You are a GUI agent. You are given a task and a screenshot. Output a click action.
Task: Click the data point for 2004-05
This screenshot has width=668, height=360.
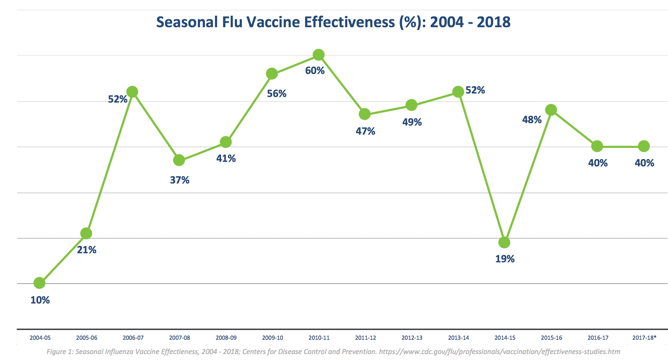(x=39, y=283)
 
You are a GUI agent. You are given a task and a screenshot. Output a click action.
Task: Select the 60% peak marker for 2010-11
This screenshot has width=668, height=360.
(x=318, y=55)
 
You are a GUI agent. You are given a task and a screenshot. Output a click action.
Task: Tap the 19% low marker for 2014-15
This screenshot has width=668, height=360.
(x=504, y=242)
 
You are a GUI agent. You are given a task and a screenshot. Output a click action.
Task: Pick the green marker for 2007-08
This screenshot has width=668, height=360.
(x=179, y=160)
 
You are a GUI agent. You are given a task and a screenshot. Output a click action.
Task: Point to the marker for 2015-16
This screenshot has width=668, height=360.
(x=551, y=110)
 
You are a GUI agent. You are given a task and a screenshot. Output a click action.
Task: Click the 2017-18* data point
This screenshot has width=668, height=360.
(x=644, y=146)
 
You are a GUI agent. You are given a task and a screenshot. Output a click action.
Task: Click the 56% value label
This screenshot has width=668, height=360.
(x=276, y=93)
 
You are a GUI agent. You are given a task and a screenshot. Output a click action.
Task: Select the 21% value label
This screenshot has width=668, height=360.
(x=87, y=250)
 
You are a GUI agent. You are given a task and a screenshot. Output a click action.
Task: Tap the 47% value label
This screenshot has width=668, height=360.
(x=365, y=131)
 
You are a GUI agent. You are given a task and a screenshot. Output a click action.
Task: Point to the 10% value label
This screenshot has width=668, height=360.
(x=40, y=300)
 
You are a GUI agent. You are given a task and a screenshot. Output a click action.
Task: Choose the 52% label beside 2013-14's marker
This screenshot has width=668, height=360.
(x=475, y=90)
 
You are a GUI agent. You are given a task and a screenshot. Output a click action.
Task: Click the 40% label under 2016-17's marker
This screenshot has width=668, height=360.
(x=598, y=163)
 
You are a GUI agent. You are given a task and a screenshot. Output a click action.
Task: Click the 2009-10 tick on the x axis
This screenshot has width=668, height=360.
(x=273, y=338)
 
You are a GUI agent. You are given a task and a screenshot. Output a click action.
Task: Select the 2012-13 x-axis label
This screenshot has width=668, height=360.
(x=412, y=338)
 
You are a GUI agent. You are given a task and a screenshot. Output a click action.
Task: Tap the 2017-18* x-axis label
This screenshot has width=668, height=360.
(x=644, y=338)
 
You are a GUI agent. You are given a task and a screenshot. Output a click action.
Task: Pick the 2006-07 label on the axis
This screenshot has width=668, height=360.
(x=133, y=338)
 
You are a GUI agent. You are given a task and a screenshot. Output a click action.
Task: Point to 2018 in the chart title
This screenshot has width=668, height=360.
(x=493, y=22)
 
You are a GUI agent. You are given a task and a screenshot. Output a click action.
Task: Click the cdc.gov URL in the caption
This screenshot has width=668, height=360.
(x=499, y=352)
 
